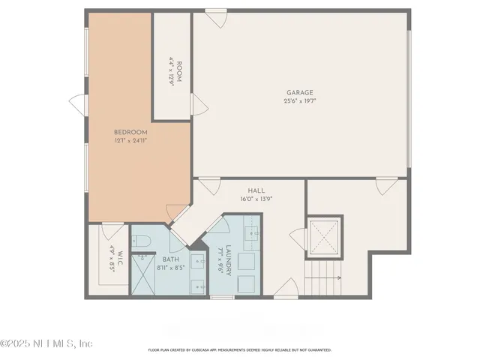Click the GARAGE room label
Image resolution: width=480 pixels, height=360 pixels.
(x=298, y=93)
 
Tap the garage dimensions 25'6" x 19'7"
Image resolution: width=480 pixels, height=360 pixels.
(x=298, y=101)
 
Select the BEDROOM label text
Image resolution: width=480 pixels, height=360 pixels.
(x=130, y=132)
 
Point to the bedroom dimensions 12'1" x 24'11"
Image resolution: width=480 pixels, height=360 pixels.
(x=130, y=140)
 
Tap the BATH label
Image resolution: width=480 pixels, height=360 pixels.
(x=171, y=259)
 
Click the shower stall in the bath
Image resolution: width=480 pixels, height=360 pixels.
(x=142, y=275)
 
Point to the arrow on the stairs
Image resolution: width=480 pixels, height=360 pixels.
(x=330, y=278)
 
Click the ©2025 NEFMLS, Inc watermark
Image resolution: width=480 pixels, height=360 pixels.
(x=46, y=343)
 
